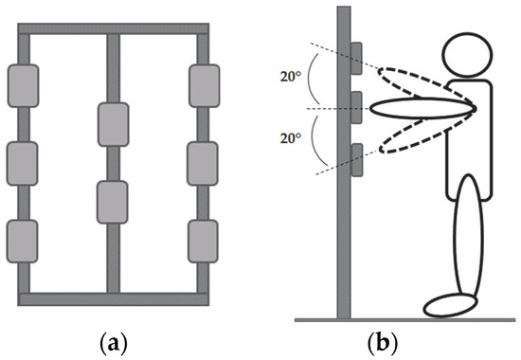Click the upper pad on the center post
pos(113,124)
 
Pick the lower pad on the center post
pos(113,201)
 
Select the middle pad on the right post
pos(204,162)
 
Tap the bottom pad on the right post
pos(204,240)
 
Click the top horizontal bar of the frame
pos(113,29)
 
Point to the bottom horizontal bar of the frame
pos(113,298)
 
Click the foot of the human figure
pos(450,305)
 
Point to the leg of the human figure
pos(467,242)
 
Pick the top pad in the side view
pos(356,58)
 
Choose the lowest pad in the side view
pos(356,159)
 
